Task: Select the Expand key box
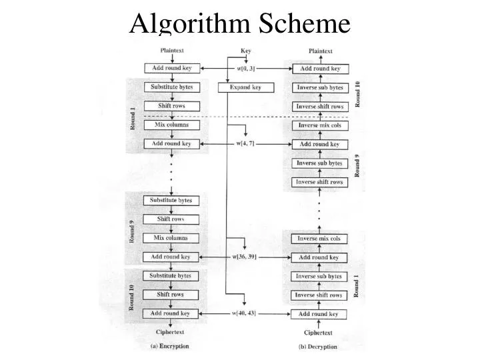click(x=246, y=87)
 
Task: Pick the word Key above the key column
click(x=246, y=50)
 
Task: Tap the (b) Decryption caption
click(x=317, y=347)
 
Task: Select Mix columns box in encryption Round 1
click(x=171, y=125)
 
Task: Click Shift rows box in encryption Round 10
click(x=171, y=294)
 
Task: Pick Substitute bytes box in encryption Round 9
click(x=171, y=200)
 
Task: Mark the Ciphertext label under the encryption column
click(x=170, y=332)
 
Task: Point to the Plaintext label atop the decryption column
click(x=320, y=51)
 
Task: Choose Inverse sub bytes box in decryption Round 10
click(x=319, y=88)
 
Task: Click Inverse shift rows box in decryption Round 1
click(x=319, y=295)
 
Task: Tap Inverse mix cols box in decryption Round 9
click(x=319, y=125)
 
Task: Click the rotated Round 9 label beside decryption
click(x=357, y=163)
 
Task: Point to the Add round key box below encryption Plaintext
click(x=171, y=69)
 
